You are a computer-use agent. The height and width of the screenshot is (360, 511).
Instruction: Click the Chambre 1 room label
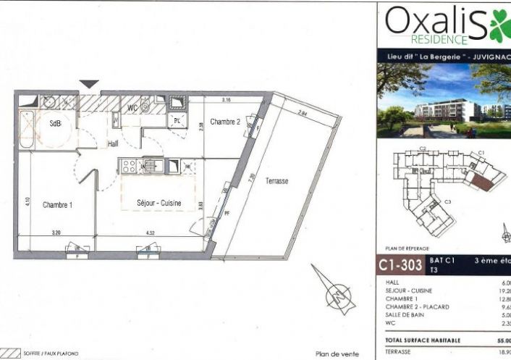pos(57,205)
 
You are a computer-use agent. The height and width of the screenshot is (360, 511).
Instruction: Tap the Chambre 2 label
pos(224,122)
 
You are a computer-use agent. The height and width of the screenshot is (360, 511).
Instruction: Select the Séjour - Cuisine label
pos(159,203)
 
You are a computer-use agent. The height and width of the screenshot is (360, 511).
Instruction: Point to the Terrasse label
pos(276,181)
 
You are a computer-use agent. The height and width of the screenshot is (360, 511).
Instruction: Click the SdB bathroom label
pos(55,124)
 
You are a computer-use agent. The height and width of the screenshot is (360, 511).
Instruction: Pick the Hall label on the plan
pos(113,144)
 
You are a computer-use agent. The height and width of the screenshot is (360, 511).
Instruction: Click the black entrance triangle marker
pos(88,85)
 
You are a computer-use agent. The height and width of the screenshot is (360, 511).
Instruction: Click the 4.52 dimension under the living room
pos(150,233)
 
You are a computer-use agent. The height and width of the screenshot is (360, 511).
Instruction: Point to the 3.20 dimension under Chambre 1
pos(56,233)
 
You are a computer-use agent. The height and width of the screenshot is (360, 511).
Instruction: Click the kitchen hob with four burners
pos(130,166)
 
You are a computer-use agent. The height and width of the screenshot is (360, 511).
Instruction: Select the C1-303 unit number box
pos(400,265)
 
